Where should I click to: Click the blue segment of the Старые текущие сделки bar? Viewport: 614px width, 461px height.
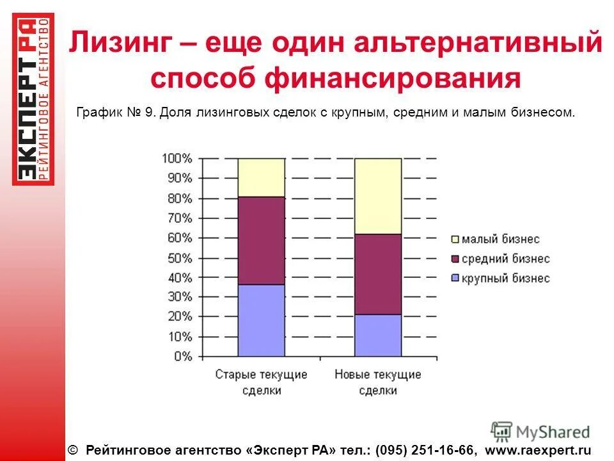pyautogui.click(x=261, y=320)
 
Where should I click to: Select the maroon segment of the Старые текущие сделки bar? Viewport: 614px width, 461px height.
pyautogui.click(x=261, y=240)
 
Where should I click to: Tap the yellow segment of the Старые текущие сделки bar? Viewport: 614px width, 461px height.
pyautogui.click(x=261, y=177)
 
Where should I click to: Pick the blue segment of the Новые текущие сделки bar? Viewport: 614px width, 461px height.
pyautogui.click(x=378, y=335)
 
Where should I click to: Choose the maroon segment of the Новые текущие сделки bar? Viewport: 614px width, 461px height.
pyautogui.click(x=378, y=274)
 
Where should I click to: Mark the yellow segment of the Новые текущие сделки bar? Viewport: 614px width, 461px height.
pyautogui.click(x=378, y=196)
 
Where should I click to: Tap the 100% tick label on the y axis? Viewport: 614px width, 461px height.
pyautogui.click(x=177, y=158)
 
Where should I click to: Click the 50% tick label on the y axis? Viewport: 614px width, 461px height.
pyautogui.click(x=179, y=258)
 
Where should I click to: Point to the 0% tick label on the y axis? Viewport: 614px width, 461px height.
pyautogui.click(x=182, y=357)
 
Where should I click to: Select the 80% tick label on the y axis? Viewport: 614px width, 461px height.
pyautogui.click(x=179, y=198)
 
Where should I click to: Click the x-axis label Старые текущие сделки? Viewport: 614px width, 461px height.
pyautogui.click(x=261, y=382)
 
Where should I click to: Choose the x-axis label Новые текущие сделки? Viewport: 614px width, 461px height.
pyautogui.click(x=378, y=382)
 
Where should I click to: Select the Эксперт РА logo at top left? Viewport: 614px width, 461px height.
pyautogui.click(x=33, y=99)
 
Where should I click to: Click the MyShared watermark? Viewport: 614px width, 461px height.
pyautogui.click(x=540, y=432)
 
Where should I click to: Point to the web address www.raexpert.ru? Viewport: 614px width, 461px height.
pyautogui.click(x=539, y=451)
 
